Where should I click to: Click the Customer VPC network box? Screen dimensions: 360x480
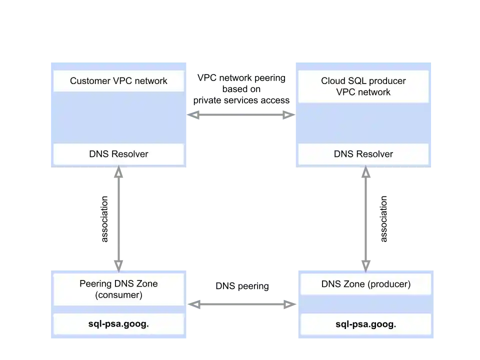[x=118, y=81]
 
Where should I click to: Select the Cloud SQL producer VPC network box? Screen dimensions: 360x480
[x=363, y=86]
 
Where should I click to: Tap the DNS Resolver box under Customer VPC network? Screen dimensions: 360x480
[x=118, y=154]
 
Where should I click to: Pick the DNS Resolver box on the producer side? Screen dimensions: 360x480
[x=363, y=154]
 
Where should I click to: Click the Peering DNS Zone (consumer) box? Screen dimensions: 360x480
[x=118, y=289]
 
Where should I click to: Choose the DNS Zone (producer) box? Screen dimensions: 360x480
[x=365, y=284]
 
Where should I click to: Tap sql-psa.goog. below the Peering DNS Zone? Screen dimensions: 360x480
[x=118, y=324]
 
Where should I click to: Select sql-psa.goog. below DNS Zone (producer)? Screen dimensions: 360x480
[x=365, y=324]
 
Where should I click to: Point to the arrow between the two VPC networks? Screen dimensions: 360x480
[x=240, y=115]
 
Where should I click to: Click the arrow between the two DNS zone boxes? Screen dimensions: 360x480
[x=241, y=302]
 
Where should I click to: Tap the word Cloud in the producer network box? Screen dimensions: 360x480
[x=332, y=81]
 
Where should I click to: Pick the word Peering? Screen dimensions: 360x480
[x=96, y=283]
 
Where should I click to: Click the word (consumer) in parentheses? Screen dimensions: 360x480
[x=118, y=295]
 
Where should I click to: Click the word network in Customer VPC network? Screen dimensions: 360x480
[x=150, y=81]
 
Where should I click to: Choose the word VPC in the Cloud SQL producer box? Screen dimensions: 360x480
[x=346, y=92]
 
